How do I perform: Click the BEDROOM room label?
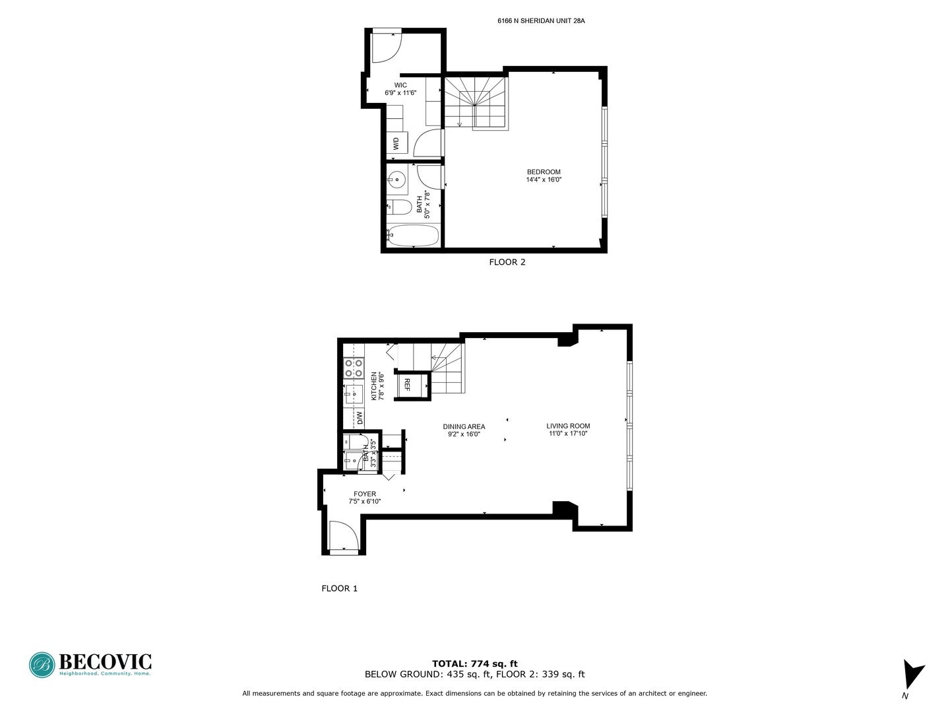[544, 176]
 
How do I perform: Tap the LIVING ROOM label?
[568, 430]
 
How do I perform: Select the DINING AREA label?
[464, 430]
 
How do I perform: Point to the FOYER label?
[365, 497]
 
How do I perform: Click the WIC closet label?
[400, 89]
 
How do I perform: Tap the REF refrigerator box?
[407, 385]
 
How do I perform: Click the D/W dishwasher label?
[360, 418]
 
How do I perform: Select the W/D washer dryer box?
[396, 143]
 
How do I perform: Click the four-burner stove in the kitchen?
[354, 368]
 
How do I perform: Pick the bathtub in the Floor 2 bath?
[413, 236]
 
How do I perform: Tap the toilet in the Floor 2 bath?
[398, 207]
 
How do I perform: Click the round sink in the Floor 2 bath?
[396, 178]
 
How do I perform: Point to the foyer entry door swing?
[342, 535]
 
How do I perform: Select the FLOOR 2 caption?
[507, 262]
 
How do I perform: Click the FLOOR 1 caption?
[339, 588]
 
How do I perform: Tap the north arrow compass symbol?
[912, 675]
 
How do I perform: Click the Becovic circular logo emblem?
[42, 665]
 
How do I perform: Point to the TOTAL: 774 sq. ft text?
[474, 663]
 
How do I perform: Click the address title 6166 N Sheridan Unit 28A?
[541, 21]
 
